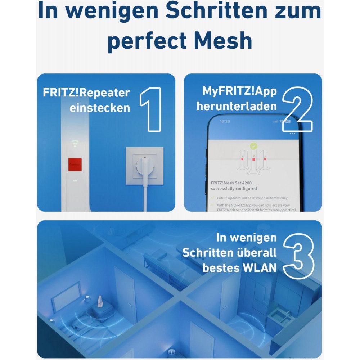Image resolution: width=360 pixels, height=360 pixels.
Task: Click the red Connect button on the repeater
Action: [x=75, y=164]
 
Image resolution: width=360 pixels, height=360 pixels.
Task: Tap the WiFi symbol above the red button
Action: [x=75, y=144]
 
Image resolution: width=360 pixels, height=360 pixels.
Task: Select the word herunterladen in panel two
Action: [x=237, y=106]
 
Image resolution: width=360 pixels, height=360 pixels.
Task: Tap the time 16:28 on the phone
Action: [x=225, y=121]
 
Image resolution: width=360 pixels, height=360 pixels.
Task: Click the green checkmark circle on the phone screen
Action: [x=254, y=146]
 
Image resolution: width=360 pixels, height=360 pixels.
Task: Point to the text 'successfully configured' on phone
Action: [x=234, y=188]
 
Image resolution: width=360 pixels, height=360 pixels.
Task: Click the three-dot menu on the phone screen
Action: [x=292, y=134]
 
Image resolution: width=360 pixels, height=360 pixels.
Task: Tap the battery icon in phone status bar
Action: [x=288, y=121]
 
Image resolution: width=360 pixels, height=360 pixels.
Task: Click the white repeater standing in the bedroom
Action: [x=99, y=301]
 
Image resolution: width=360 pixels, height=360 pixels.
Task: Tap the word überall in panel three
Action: [x=256, y=252]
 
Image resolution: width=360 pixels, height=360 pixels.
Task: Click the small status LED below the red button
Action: [x=75, y=181]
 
